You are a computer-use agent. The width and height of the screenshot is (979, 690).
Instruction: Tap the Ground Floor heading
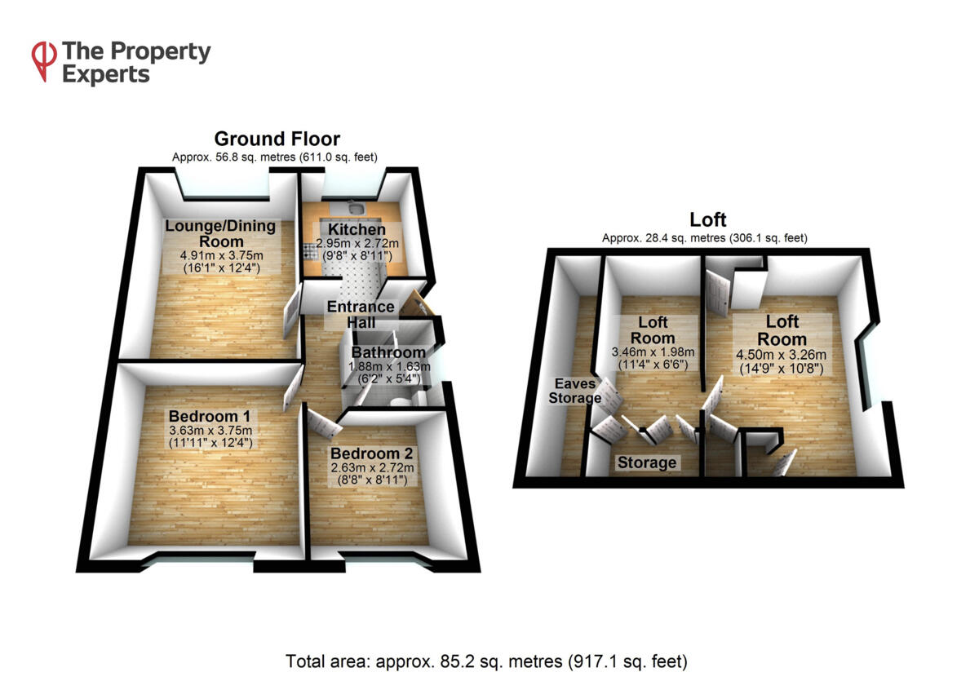(x=277, y=139)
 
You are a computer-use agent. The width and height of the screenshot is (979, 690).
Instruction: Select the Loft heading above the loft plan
(x=707, y=219)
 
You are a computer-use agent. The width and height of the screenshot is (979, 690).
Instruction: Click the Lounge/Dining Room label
(x=220, y=234)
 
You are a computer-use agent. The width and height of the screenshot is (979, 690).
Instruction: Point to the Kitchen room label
(x=351, y=230)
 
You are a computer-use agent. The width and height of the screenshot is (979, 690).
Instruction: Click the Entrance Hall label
(x=361, y=315)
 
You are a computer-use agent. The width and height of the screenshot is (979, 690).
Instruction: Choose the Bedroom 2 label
(x=372, y=453)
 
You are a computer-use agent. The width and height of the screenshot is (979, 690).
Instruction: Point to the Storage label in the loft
(x=647, y=463)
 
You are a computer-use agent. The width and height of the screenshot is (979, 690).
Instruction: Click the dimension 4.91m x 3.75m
(x=220, y=254)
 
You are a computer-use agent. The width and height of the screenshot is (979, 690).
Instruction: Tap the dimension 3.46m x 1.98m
(x=654, y=352)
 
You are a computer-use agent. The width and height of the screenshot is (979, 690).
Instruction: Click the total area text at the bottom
(x=487, y=661)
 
